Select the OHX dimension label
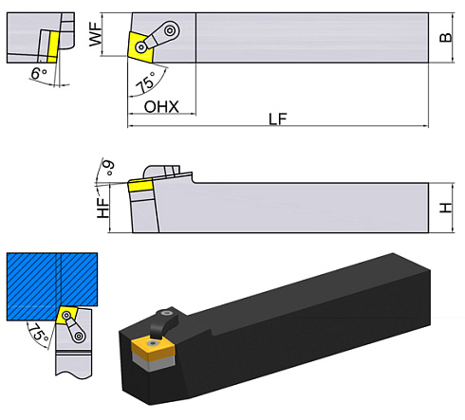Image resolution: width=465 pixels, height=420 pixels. [x=162, y=106]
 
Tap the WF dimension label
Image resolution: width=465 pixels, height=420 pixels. [x=109, y=38]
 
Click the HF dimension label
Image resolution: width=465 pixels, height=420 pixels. [x=104, y=208]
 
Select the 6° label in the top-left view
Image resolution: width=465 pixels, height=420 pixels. [x=38, y=73]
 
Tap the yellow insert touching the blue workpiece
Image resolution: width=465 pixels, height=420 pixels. [x=67, y=315]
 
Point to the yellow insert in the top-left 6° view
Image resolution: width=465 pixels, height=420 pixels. [x=51, y=40]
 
